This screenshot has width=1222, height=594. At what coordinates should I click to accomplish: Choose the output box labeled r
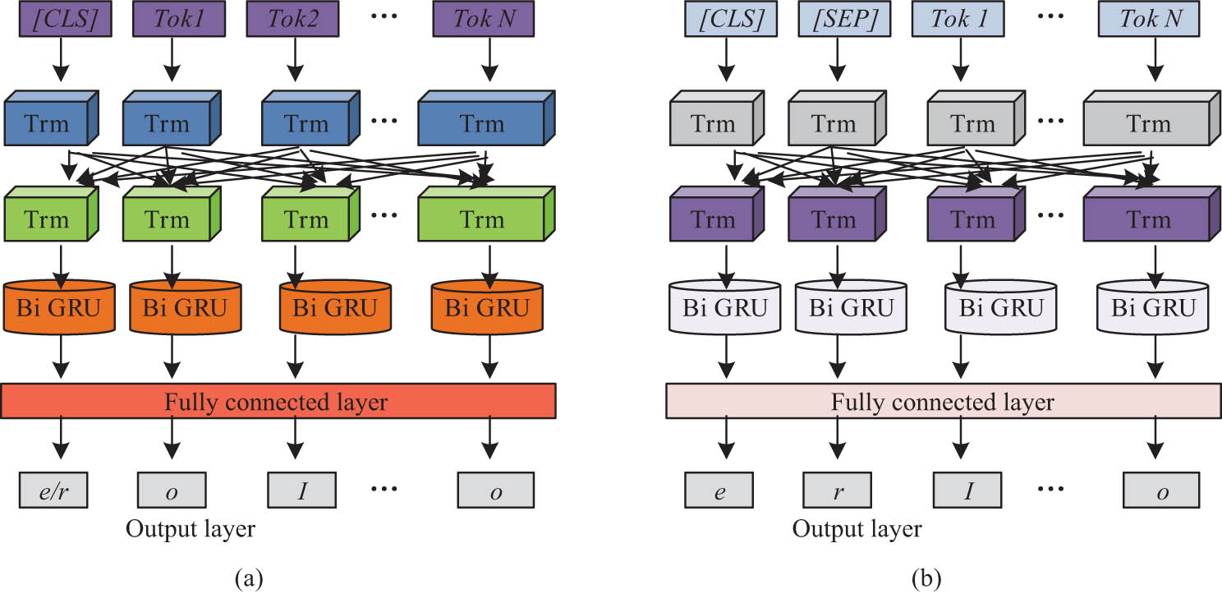click(x=838, y=491)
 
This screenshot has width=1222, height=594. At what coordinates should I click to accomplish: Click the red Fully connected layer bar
click(x=280, y=402)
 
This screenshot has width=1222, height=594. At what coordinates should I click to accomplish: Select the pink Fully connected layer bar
click(x=942, y=402)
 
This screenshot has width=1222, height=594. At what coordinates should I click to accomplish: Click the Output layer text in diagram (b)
click(x=857, y=529)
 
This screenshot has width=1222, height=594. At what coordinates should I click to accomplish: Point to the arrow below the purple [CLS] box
click(x=60, y=58)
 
